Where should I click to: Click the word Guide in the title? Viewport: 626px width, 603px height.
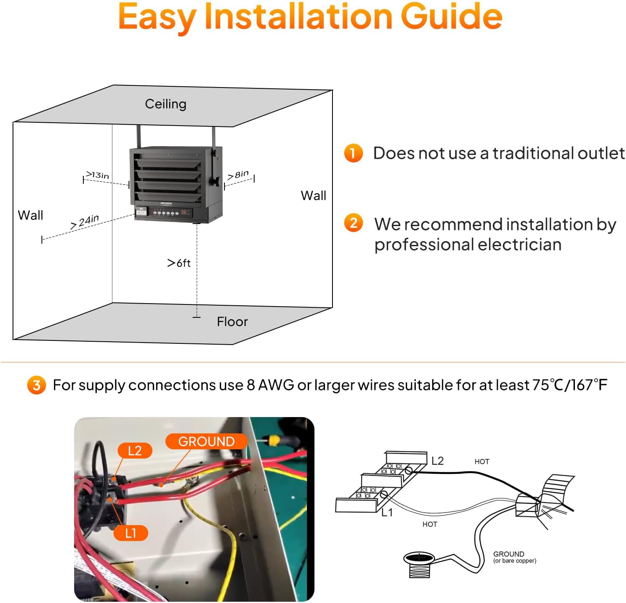pos(451,17)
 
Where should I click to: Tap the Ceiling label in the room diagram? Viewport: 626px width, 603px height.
pos(165,104)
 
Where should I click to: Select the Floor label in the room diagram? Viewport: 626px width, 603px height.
pos(232,322)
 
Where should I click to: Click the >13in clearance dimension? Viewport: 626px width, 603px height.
pos(98,175)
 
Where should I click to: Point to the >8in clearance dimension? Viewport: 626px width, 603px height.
pos(238,175)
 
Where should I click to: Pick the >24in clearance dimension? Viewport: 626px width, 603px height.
pos(85,221)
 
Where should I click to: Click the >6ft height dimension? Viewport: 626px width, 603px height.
pos(179,263)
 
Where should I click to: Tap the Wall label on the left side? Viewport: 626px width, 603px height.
pos(30,215)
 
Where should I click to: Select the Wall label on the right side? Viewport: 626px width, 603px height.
pos(313,196)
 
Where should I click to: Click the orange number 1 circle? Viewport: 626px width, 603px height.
pos(353,153)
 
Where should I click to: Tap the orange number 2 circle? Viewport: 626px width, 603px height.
pos(353,223)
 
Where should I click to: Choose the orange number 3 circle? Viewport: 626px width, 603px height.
pos(36,385)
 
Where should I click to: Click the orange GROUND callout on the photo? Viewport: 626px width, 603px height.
pos(206,441)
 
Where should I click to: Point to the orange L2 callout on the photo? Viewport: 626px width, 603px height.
pos(134,451)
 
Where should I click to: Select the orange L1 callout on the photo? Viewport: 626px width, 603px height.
pos(131,533)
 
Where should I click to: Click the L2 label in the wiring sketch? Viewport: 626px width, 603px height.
pos(437,461)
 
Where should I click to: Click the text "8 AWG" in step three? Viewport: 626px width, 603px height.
pos(270,385)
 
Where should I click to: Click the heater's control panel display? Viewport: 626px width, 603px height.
pos(183,212)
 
